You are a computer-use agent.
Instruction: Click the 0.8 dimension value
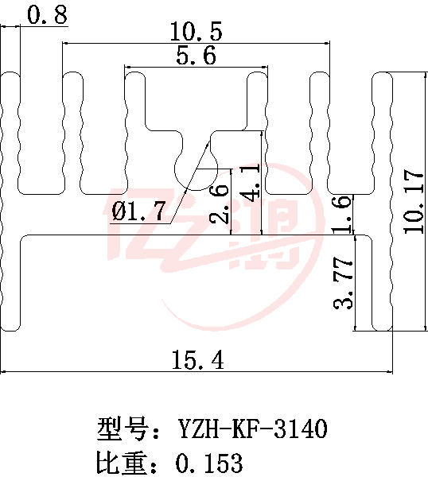click(47, 14)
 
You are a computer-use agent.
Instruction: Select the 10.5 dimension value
click(196, 31)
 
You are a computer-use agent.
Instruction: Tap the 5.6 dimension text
click(196, 55)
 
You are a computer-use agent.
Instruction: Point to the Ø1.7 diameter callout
click(138, 211)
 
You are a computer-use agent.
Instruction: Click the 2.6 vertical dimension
click(219, 203)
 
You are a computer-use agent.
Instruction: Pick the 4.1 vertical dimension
click(251, 183)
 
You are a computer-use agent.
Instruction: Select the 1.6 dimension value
click(343, 215)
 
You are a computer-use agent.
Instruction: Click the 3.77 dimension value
click(343, 283)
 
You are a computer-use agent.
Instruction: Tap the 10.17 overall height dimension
click(413, 202)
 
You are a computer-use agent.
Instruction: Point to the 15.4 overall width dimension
click(198, 359)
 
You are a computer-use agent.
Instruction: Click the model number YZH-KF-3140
click(253, 429)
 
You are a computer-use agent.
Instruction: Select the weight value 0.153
click(209, 463)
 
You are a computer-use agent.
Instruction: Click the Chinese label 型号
click(122, 429)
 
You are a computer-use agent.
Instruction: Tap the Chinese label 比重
click(121, 463)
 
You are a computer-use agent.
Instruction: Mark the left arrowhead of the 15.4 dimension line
click(3, 371)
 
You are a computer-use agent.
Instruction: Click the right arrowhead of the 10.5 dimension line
click(327, 43)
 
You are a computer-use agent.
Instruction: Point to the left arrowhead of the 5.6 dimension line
click(128, 67)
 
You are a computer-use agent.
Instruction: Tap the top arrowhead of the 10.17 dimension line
click(425, 76)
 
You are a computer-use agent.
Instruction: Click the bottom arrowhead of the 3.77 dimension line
click(355, 328)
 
